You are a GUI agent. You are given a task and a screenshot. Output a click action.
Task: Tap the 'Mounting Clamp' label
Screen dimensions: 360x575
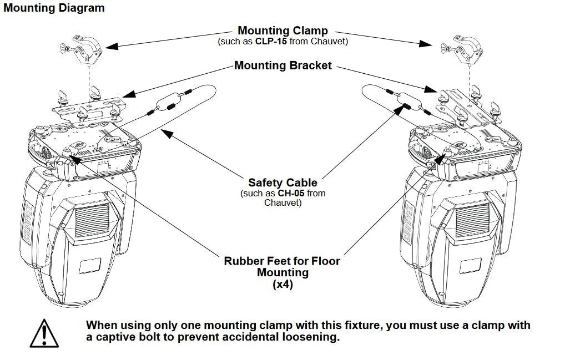coord(283,31)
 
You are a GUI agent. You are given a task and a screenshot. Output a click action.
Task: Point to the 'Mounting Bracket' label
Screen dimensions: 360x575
coord(283,65)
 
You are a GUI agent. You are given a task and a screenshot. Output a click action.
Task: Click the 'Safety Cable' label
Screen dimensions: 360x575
coord(283,182)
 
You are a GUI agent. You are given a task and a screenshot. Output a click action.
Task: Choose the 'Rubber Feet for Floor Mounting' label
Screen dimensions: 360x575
coord(282,266)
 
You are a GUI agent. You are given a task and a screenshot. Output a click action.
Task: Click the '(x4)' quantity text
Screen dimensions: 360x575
coord(282,285)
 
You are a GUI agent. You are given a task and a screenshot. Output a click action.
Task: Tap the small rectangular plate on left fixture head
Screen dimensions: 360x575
coord(89,265)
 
